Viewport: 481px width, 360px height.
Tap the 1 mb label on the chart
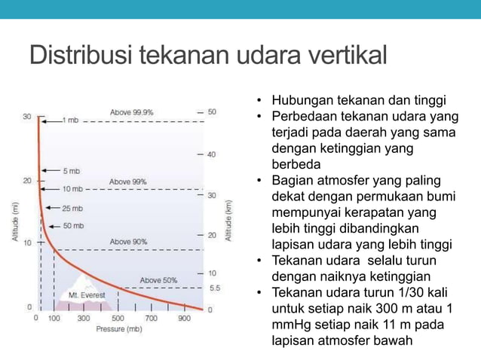(x=70, y=120)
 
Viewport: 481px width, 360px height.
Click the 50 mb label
(x=74, y=226)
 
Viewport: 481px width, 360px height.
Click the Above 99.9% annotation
(x=132, y=111)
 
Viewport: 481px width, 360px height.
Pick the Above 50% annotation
(x=158, y=280)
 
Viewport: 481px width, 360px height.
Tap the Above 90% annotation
(x=128, y=242)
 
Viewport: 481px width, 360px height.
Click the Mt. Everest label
(x=87, y=295)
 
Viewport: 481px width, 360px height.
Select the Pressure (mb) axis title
(x=118, y=329)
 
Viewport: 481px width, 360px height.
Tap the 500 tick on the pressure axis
(x=118, y=319)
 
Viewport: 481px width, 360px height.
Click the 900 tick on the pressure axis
(x=185, y=319)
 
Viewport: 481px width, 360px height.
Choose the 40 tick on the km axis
(x=212, y=154)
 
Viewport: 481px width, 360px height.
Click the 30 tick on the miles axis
(x=27, y=117)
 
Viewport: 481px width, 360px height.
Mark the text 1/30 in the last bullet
(x=410, y=293)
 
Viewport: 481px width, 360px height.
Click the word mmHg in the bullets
(x=294, y=325)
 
